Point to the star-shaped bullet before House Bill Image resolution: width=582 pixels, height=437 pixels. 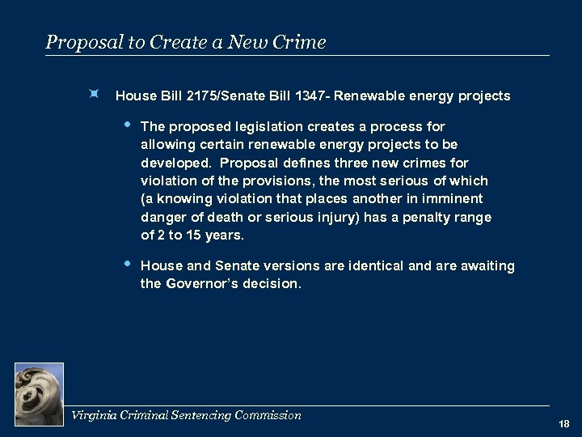[95, 95]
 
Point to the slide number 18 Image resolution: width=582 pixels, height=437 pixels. [563, 423]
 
